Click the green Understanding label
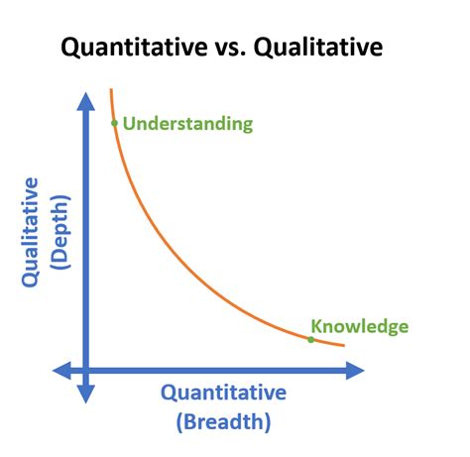click(x=187, y=124)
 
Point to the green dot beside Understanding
click(x=114, y=124)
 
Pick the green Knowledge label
click(x=359, y=326)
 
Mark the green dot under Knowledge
click(x=310, y=340)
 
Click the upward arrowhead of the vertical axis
click(x=86, y=100)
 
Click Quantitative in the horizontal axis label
click(x=223, y=394)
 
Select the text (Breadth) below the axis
click(x=223, y=422)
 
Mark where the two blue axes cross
click(x=86, y=371)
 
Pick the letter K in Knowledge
click(x=316, y=326)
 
